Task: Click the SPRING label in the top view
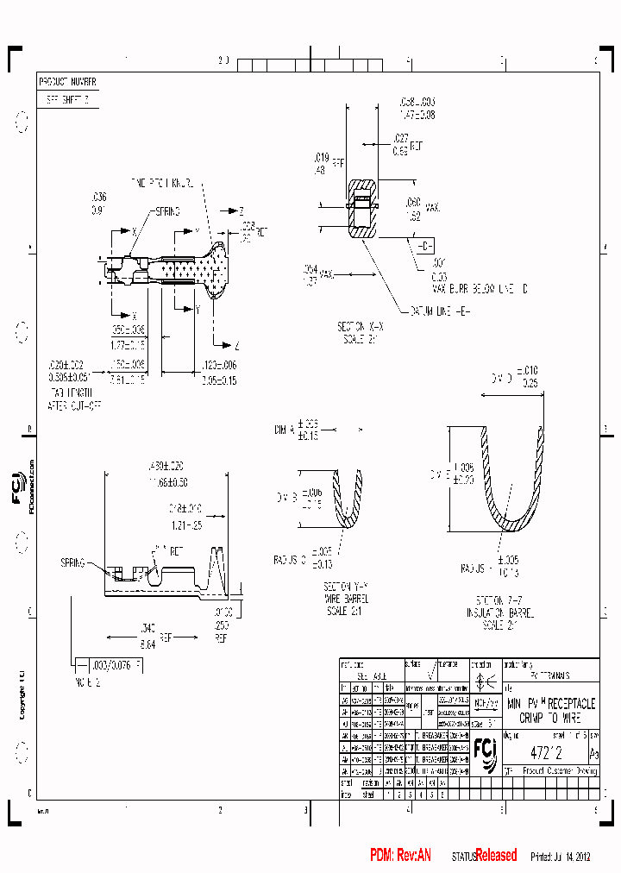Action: click(x=166, y=211)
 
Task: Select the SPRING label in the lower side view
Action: click(x=73, y=562)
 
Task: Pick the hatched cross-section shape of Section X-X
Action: click(x=361, y=209)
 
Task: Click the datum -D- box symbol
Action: click(x=426, y=246)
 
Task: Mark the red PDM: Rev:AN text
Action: click(x=400, y=855)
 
